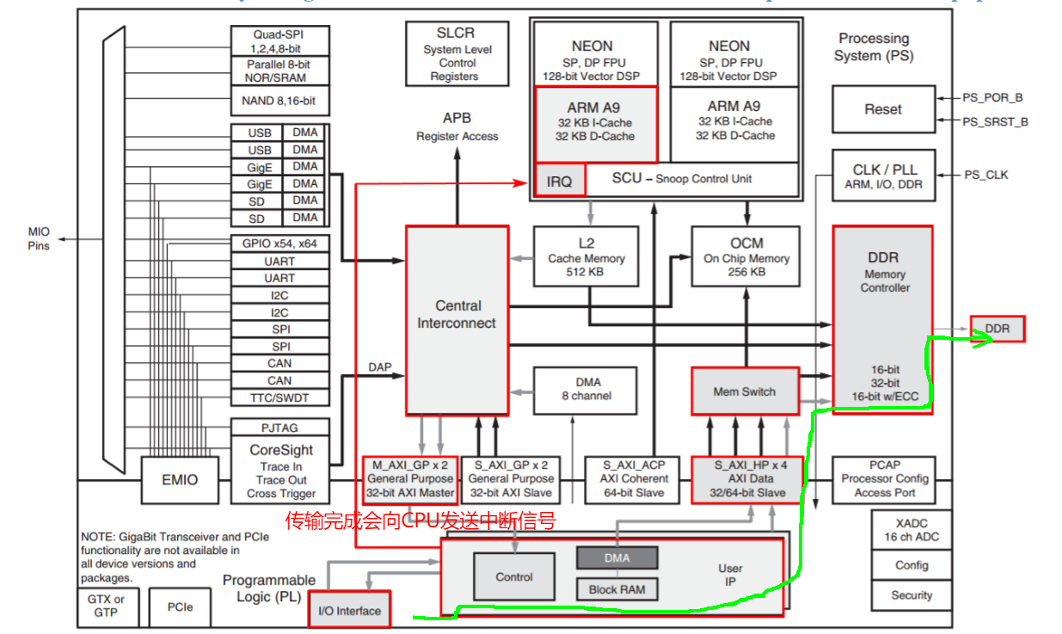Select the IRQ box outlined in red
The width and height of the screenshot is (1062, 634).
click(560, 181)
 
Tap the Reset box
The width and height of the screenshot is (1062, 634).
click(883, 109)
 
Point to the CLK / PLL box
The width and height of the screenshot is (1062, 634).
click(883, 176)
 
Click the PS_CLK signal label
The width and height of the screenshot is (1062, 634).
click(986, 175)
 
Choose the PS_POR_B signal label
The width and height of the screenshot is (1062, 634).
click(993, 98)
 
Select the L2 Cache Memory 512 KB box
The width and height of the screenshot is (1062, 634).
click(586, 256)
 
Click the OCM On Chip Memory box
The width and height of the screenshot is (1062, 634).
click(746, 256)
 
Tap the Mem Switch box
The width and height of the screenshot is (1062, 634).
click(745, 391)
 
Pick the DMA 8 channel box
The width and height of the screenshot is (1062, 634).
click(586, 390)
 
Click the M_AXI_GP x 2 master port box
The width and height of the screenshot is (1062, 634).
click(410, 479)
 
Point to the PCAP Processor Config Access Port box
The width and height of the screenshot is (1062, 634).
click(884, 479)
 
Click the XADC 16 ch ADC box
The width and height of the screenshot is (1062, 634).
click(911, 530)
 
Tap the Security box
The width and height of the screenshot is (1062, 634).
click(911, 595)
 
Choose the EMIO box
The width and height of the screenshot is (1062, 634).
click(180, 480)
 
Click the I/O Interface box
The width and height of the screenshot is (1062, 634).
click(349, 610)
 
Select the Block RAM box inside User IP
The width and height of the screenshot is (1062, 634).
click(617, 589)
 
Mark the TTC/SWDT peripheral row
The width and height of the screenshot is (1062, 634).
click(279, 397)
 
